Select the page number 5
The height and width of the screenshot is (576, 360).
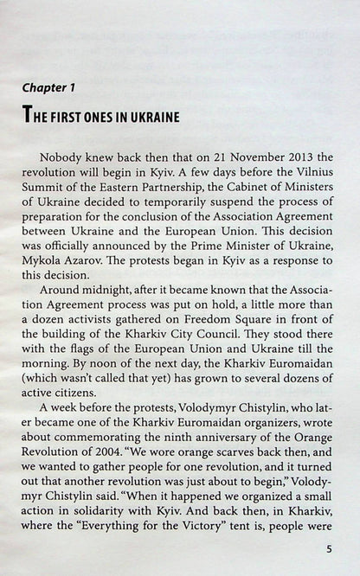[328, 548]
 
